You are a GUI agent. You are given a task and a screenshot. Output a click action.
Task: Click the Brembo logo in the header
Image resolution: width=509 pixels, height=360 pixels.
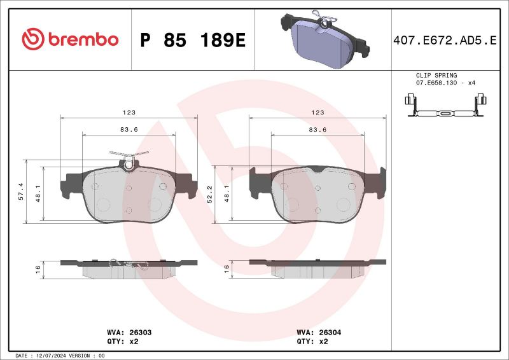pos(70,39)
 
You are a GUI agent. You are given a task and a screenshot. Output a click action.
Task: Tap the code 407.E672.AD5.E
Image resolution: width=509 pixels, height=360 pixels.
pos(445,40)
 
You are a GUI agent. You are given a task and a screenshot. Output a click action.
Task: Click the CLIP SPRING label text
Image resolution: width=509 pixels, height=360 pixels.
pos(436,75)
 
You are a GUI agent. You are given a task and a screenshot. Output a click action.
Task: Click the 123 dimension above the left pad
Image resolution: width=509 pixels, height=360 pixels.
pos(129,112)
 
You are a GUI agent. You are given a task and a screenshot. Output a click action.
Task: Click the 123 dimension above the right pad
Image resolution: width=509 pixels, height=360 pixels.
pos(318,112)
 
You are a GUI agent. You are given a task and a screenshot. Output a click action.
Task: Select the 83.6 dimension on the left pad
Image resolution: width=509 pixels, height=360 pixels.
pos(129,129)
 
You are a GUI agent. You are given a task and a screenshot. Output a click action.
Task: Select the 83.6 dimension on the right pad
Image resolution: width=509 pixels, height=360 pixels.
pos(317,129)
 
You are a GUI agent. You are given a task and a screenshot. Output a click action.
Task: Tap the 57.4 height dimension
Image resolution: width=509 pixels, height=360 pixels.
pos(20,191)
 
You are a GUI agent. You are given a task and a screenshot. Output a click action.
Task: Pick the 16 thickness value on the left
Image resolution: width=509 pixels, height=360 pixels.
pos(38,269)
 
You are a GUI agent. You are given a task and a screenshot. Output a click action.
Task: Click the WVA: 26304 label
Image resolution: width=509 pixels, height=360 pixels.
pos(318,332)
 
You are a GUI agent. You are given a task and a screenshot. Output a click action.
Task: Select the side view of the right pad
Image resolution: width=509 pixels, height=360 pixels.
pos(317,268)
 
